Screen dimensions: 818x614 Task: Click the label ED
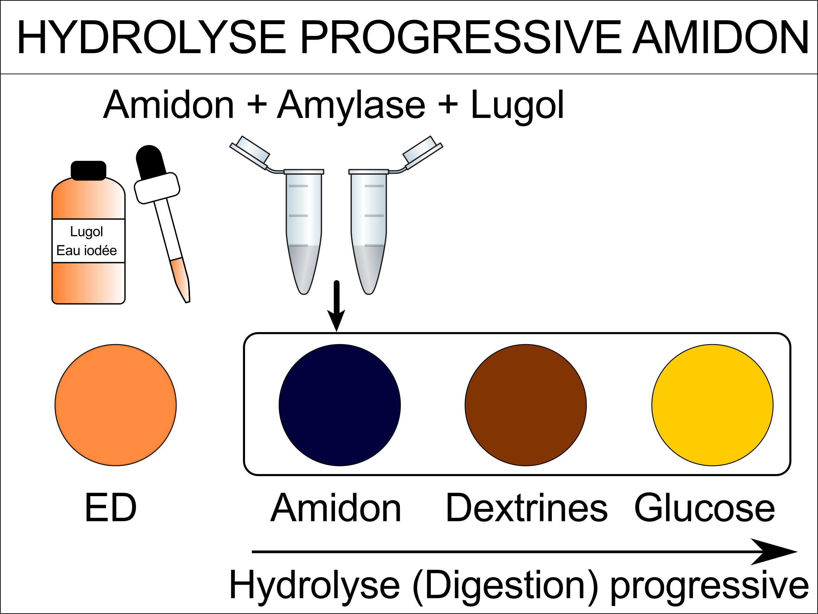pos(111,508)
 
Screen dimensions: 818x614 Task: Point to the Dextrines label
pos(527,508)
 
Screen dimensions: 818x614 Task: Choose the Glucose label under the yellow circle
pos(704,508)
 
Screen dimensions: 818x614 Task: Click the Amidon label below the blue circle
pos(336,508)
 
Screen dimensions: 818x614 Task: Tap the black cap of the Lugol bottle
pos(88,170)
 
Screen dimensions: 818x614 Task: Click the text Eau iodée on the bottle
pos(87,250)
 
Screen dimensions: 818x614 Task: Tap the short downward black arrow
pos(336,306)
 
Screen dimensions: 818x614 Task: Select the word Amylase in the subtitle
pos(351,105)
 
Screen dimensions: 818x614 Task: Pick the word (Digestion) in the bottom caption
pos(505,585)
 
